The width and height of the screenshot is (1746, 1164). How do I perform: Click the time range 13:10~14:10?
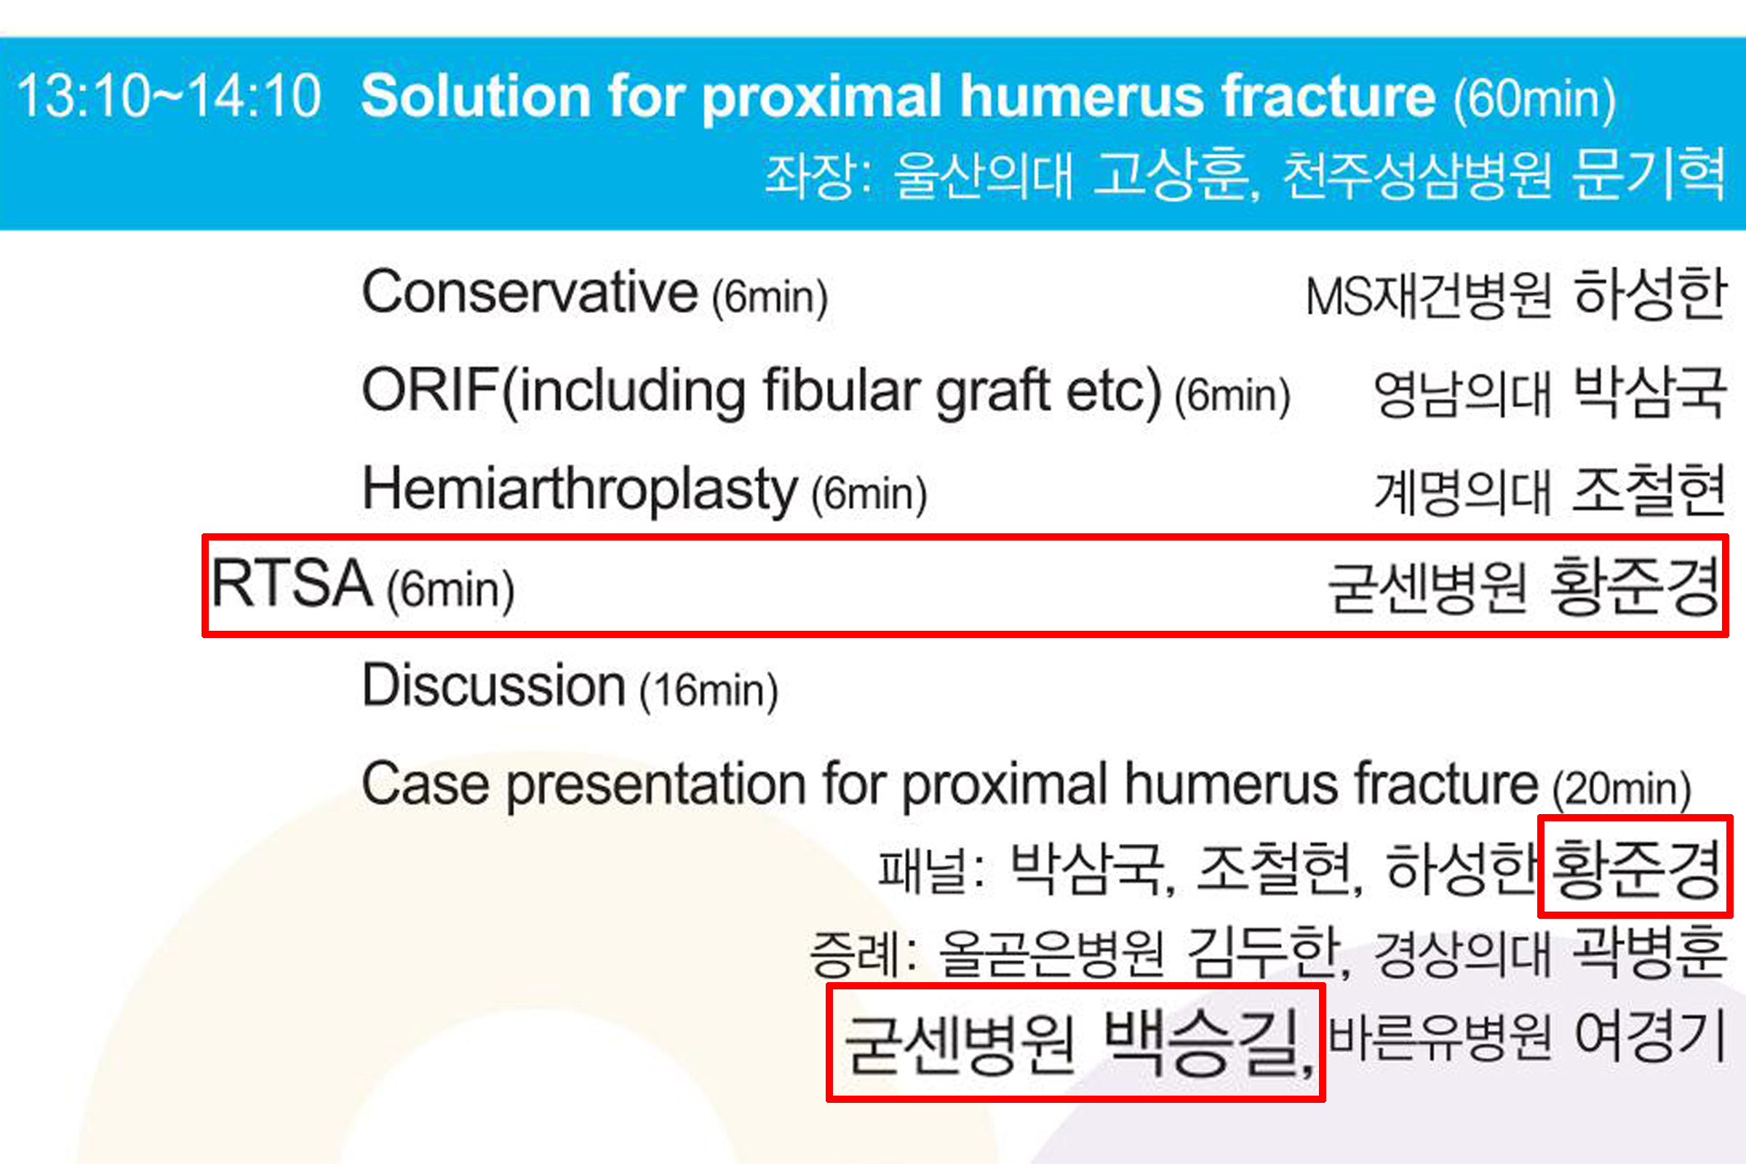pyautogui.click(x=170, y=97)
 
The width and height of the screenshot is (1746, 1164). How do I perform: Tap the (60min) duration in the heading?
pyautogui.click(x=1534, y=100)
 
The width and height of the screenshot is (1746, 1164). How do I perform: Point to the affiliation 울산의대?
pyautogui.click(x=984, y=176)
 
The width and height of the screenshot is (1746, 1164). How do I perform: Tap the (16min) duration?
pyautogui.click(x=709, y=690)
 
